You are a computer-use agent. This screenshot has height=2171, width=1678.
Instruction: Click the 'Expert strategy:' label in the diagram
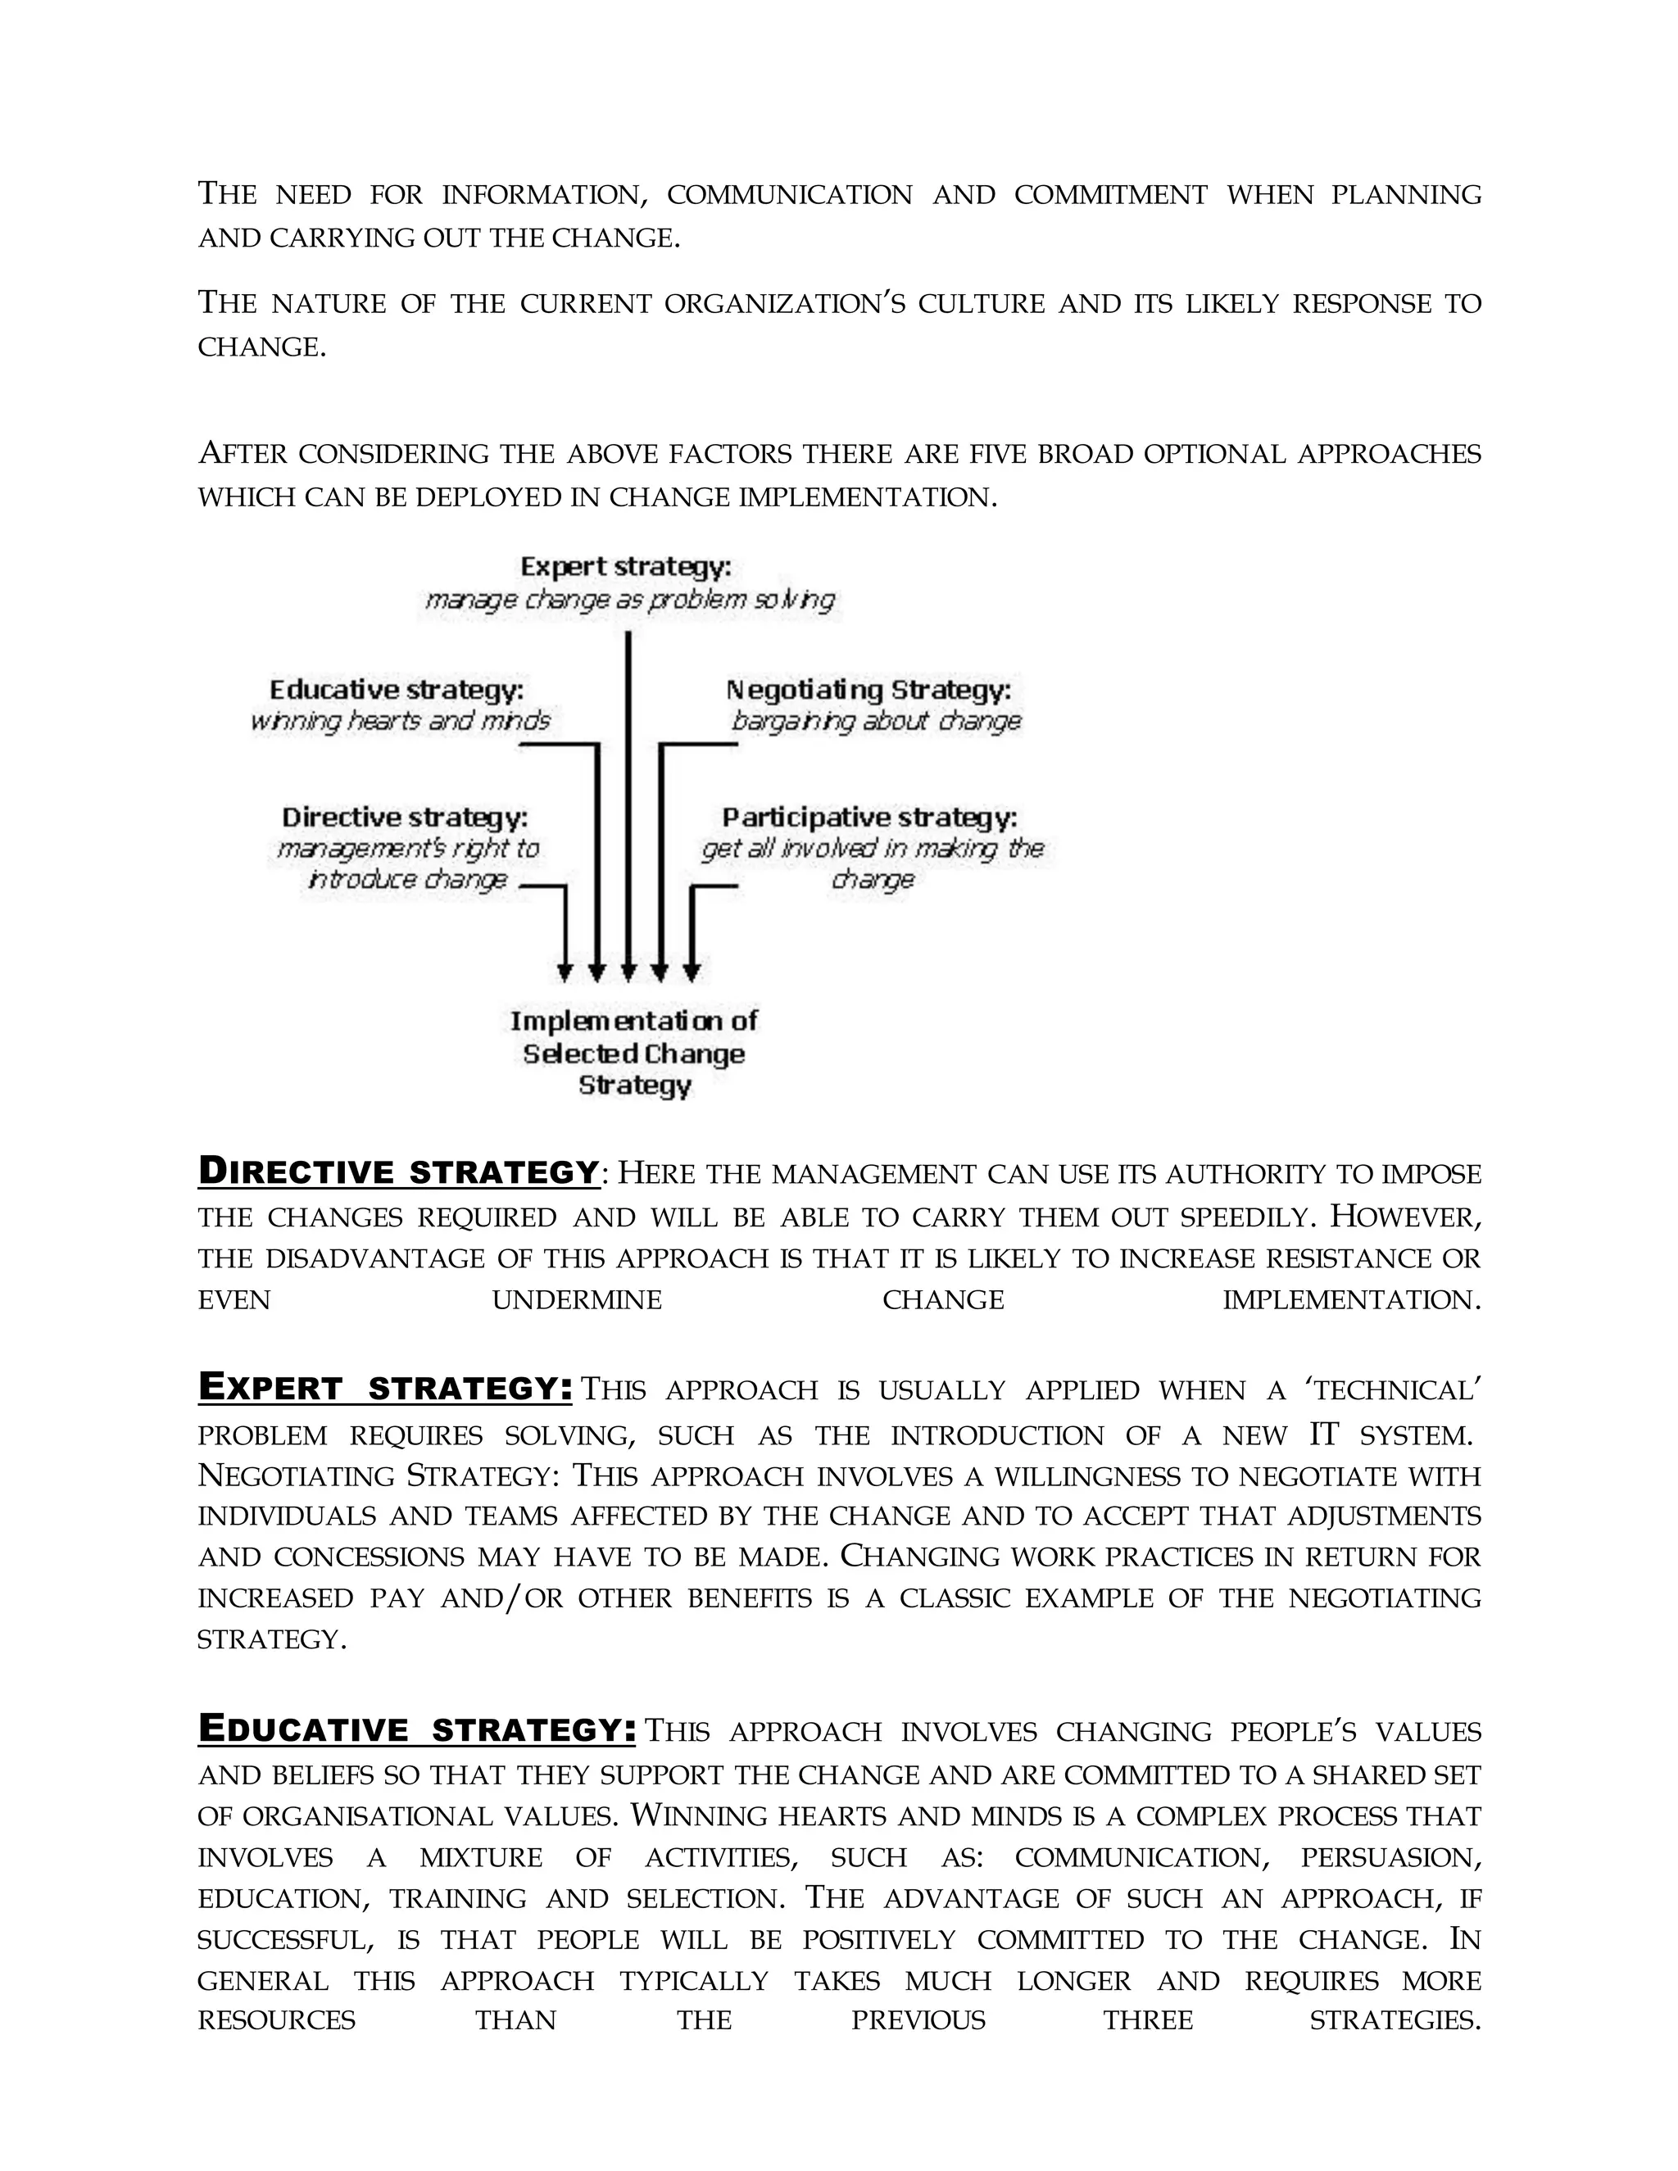pyautogui.click(x=625, y=568)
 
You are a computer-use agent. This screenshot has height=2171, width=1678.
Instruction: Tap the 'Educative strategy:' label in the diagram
pyautogui.click(x=397, y=690)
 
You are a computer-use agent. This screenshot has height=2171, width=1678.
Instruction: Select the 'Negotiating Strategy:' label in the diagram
pyautogui.click(x=868, y=690)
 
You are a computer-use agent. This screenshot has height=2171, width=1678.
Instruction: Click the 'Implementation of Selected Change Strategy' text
pyautogui.click(x=634, y=1053)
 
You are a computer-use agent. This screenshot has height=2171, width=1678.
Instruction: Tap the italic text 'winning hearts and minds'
pyautogui.click(x=400, y=721)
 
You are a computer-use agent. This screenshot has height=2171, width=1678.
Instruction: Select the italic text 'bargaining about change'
pyautogui.click(x=876, y=721)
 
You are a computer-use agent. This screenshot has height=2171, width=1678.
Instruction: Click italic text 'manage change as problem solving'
pyautogui.click(x=629, y=600)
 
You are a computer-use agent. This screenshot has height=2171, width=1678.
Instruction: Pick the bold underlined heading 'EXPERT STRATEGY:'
pyautogui.click(x=385, y=1387)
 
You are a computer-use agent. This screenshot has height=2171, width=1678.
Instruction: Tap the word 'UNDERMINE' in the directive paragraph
pyautogui.click(x=577, y=1300)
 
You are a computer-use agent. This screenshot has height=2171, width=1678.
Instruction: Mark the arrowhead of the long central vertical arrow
pyautogui.click(x=628, y=970)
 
